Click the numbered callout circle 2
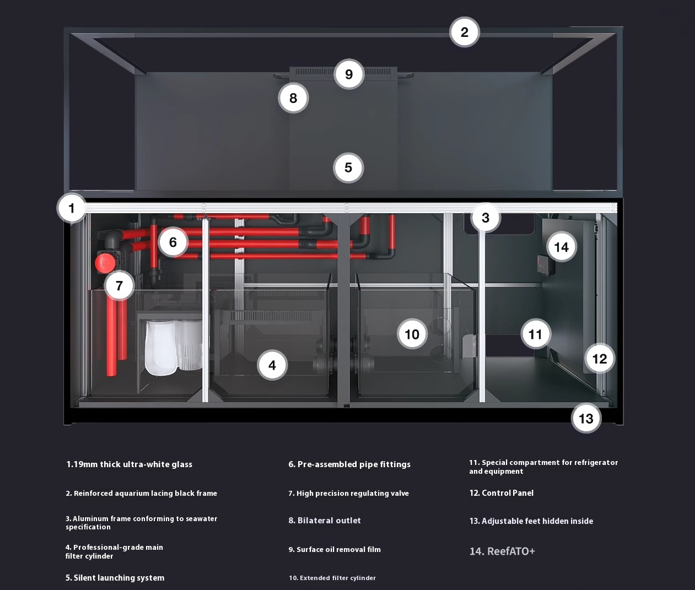[x=464, y=33]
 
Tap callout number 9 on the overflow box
[x=349, y=74]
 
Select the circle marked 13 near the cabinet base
[x=586, y=418]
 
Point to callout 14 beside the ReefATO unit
[x=561, y=247]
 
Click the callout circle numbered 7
[x=119, y=285]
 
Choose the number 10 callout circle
[x=412, y=334]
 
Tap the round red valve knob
[x=105, y=263]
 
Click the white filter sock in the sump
[x=161, y=348]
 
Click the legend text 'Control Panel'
[x=508, y=493]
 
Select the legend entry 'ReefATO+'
[x=511, y=551]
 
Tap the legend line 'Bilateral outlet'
[x=329, y=521]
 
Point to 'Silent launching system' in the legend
[x=119, y=578]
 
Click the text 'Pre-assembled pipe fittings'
[x=354, y=464]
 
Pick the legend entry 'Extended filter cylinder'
[x=338, y=578]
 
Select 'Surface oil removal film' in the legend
[x=338, y=550]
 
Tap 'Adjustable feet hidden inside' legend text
[x=537, y=521]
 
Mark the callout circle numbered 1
[x=71, y=208]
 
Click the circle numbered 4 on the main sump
[x=272, y=365]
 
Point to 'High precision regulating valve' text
[x=352, y=493]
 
